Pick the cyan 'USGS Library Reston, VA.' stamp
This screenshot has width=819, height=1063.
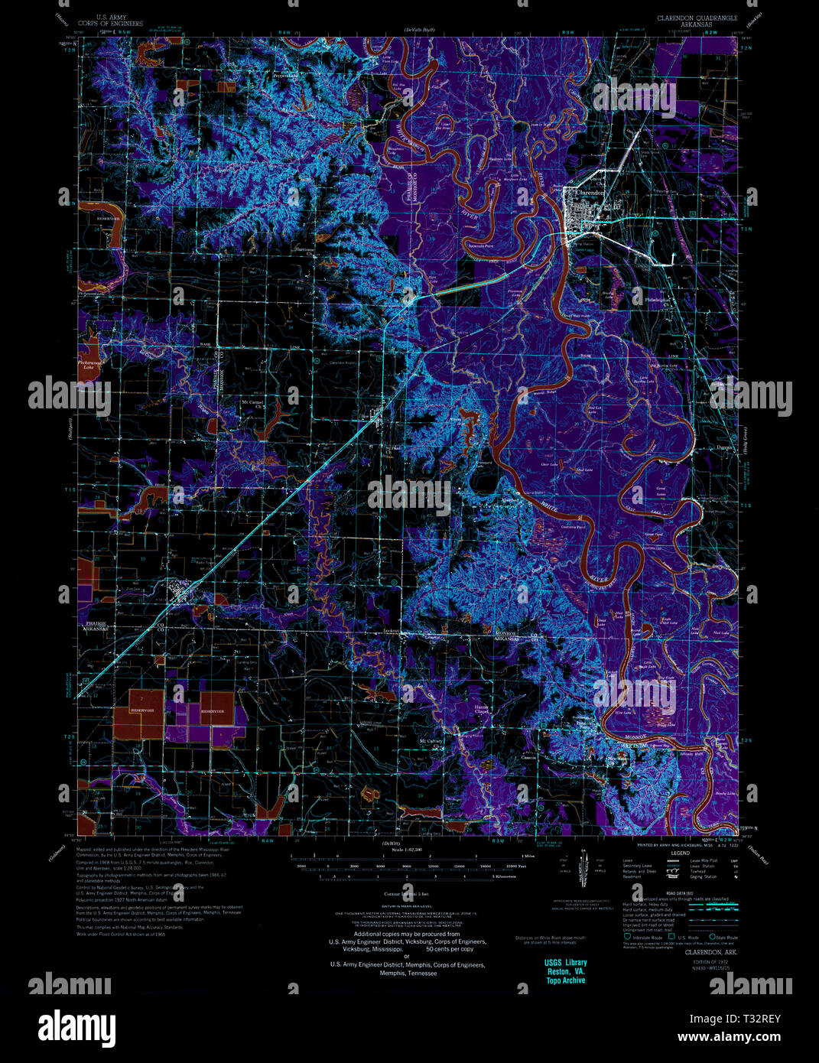click(566, 971)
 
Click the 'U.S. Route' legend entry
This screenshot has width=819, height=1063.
click(683, 937)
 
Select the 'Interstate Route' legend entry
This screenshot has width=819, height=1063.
click(646, 937)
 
